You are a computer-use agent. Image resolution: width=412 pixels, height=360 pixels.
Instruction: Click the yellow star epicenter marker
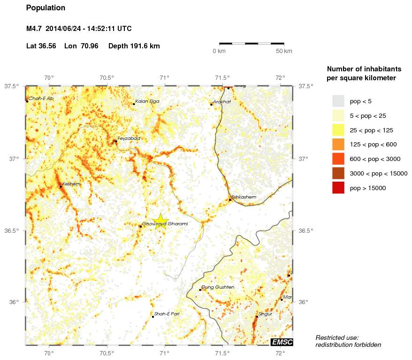coord(160,221)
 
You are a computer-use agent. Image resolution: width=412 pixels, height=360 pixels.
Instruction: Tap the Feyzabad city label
coord(129,138)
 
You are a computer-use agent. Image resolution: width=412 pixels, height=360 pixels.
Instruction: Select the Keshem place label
coord(71,184)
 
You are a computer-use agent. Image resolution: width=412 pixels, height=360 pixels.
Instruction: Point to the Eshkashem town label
coord(244,197)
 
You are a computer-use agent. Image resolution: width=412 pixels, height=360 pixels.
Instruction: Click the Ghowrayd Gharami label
coord(165,224)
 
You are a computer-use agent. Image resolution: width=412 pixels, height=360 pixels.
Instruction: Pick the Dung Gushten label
coord(217,287)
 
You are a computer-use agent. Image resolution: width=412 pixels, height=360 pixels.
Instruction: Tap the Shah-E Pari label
coord(167,314)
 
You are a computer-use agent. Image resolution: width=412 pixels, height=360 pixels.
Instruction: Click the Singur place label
coord(265,314)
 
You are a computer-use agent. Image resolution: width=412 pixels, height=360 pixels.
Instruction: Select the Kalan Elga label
coord(147,101)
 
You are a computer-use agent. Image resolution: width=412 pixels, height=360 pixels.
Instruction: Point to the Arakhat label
coord(222,101)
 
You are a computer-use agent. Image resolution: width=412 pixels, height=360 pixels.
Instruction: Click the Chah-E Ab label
coord(41,99)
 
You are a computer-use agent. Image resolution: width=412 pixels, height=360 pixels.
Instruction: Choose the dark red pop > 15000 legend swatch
coord(338,188)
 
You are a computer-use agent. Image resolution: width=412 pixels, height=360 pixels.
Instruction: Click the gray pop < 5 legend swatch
coord(338,101)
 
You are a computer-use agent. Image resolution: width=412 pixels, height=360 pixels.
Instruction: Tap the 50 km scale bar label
coord(284,51)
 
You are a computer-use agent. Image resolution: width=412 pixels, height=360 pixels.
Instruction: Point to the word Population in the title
coord(46,8)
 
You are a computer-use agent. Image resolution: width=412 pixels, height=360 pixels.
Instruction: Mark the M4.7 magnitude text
coord(34,29)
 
